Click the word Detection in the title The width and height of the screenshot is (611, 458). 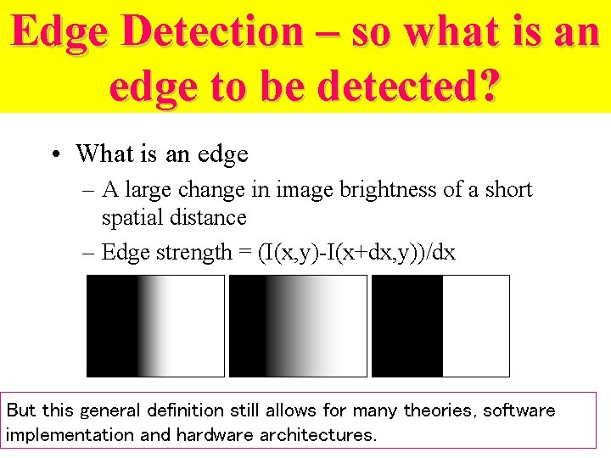(x=212, y=32)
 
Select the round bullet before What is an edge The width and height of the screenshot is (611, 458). (x=54, y=154)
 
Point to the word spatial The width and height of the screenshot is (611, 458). (x=132, y=218)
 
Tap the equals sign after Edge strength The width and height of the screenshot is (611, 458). (x=244, y=253)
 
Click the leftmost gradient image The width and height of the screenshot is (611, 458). (x=155, y=326)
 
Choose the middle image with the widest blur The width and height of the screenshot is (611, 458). (x=298, y=326)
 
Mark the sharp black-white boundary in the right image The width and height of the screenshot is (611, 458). (x=442, y=326)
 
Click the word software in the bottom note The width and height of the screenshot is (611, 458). (x=519, y=411)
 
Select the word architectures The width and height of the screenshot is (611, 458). (x=317, y=435)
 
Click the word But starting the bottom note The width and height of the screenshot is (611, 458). (x=21, y=411)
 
